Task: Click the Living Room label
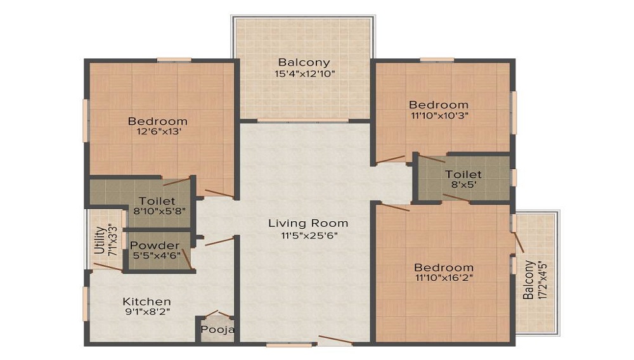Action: pyautogui.click(x=307, y=223)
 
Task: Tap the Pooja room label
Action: pyautogui.click(x=218, y=330)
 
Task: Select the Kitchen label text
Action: pyautogui.click(x=146, y=302)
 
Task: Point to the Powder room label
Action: pyautogui.click(x=155, y=246)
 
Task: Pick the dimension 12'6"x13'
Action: pyautogui.click(x=157, y=132)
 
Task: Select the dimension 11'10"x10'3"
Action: pyautogui.click(x=439, y=115)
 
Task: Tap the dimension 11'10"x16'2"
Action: pyautogui.click(x=444, y=278)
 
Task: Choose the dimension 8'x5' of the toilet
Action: pyautogui.click(x=463, y=185)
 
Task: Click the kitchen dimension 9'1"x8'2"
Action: pyautogui.click(x=146, y=312)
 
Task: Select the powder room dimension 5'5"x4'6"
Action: pyautogui.click(x=155, y=256)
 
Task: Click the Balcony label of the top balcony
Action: pyautogui.click(x=304, y=62)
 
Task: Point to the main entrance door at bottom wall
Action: pyautogui.click(x=335, y=340)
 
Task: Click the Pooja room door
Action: pyautogui.click(x=218, y=314)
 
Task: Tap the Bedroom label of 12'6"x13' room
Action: pyautogui.click(x=157, y=121)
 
